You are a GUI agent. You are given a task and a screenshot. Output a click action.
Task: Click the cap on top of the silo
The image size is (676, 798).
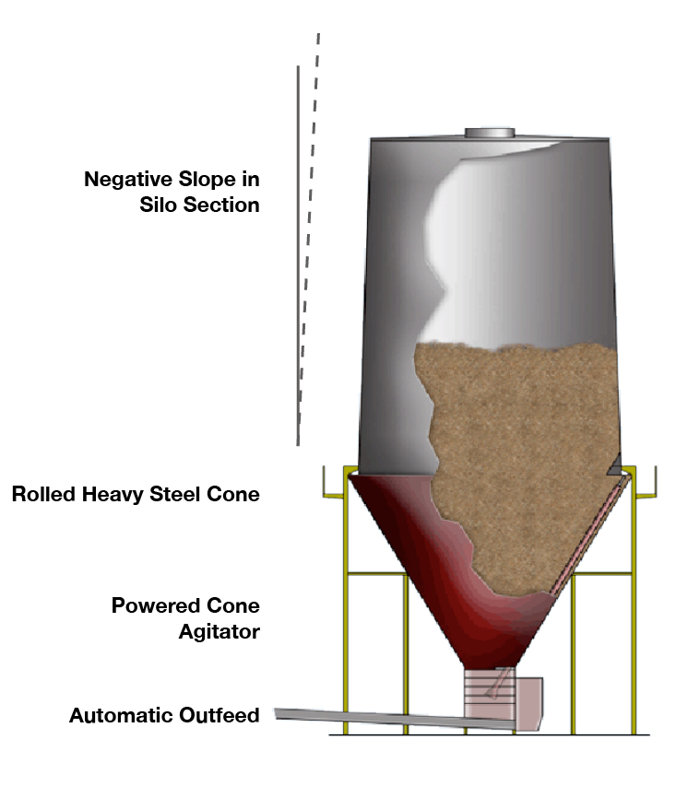click(x=490, y=133)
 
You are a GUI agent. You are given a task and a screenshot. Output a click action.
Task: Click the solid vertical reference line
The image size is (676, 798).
click(x=298, y=258)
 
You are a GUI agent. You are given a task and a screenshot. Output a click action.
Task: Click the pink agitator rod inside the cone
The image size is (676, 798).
click(x=590, y=534)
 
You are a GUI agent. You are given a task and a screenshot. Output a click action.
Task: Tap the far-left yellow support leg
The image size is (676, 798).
click(x=347, y=645)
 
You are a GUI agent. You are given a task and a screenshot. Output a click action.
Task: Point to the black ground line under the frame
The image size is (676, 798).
click(x=489, y=734)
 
